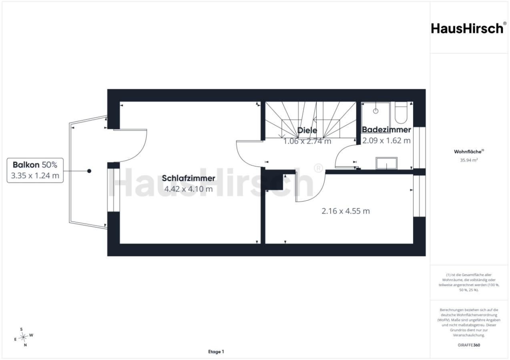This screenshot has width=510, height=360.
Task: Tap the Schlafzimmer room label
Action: tap(189, 178)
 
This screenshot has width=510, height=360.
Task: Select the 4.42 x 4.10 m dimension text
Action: tap(189, 189)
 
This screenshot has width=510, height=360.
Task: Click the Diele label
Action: tap(307, 130)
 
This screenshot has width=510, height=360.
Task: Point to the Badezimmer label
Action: tap(386, 130)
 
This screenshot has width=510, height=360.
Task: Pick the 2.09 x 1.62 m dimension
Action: tap(386, 140)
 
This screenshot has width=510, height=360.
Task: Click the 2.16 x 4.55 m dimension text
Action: tap(345, 211)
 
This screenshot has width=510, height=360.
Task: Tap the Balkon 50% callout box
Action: tap(35, 170)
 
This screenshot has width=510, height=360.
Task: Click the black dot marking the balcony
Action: tap(89, 171)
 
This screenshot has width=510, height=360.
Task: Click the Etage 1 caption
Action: tap(216, 352)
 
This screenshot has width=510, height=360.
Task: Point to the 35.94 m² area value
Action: tap(469, 160)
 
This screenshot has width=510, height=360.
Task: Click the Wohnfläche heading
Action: tap(469, 152)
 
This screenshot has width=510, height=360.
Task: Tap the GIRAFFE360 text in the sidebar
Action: tap(469, 345)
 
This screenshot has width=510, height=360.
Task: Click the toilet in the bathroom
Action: tap(401, 112)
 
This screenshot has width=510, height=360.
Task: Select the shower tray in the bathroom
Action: tap(375, 114)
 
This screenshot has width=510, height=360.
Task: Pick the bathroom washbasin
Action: tap(387, 163)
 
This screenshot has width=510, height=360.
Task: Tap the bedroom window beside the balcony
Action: tap(113, 190)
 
